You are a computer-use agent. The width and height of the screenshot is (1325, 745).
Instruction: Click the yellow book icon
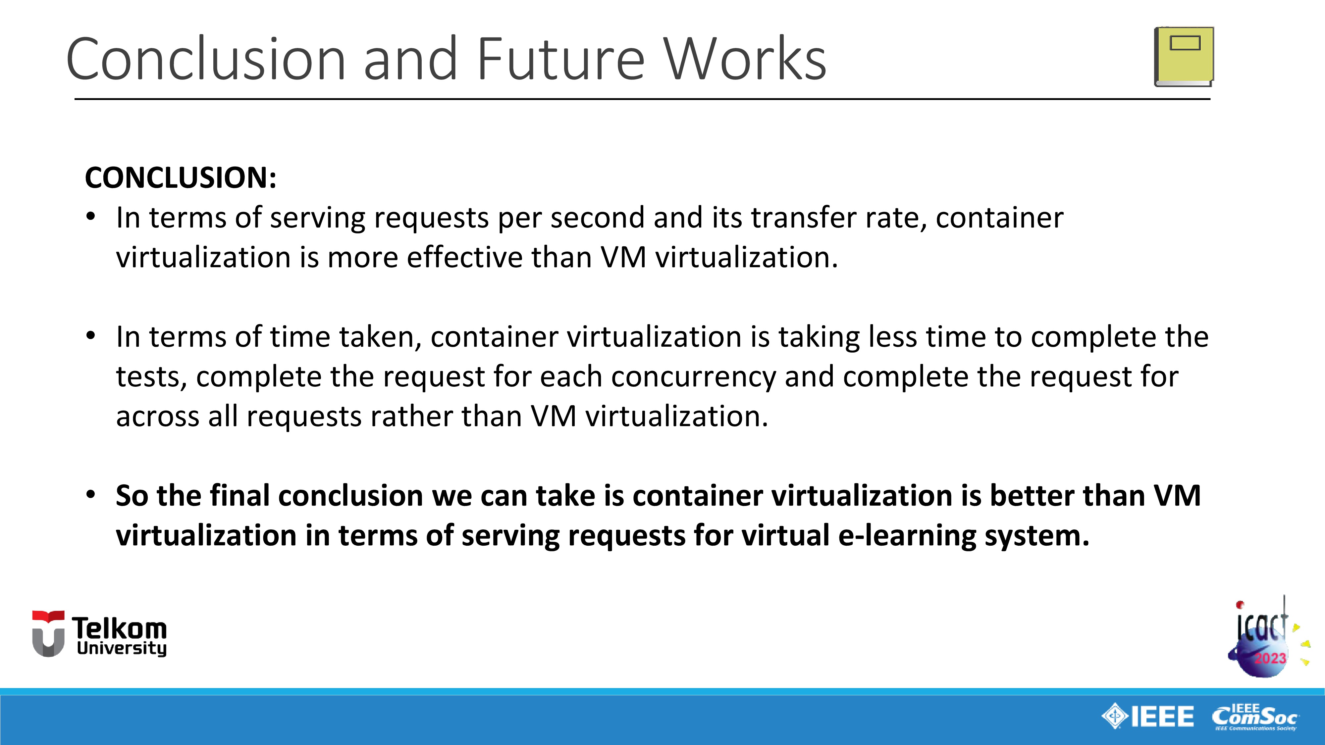1184,57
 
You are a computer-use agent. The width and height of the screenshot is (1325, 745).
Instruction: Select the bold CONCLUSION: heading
181,178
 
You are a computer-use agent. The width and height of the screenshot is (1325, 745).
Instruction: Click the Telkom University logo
99,634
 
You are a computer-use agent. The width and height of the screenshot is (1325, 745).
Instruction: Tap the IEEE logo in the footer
1147,716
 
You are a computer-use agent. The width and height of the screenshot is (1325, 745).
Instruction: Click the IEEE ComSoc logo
1255,717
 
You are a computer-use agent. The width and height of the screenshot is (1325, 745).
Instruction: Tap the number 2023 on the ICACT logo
1270,658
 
